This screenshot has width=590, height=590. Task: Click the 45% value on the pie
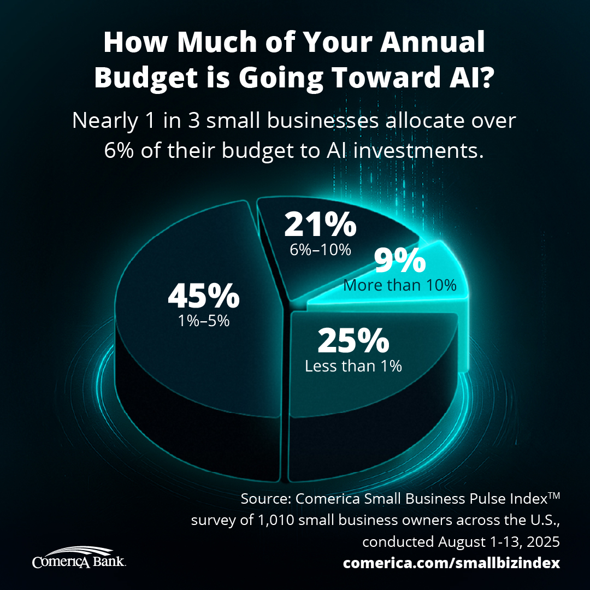203,296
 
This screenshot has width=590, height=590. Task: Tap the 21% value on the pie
320,225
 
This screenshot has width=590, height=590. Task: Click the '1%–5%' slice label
203,321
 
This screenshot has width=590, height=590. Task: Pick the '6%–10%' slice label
320,250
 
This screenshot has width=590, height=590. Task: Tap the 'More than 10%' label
400,285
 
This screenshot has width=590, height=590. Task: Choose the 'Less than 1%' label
353,365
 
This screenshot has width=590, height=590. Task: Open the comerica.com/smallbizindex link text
451,563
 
